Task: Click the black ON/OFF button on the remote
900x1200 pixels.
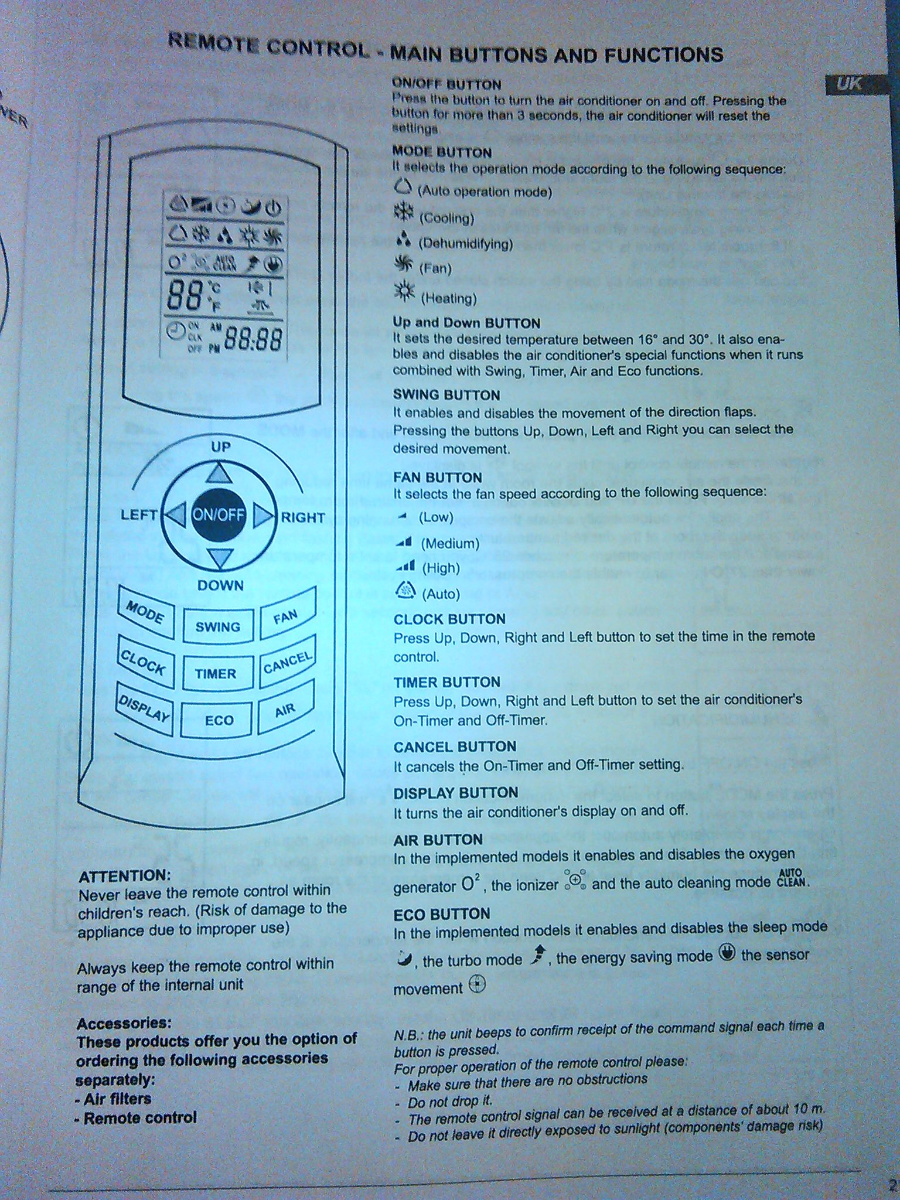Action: (219, 516)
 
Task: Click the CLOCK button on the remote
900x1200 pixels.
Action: (144, 663)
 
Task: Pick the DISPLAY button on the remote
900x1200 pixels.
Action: (144, 709)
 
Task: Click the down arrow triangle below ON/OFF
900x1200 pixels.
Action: (220, 558)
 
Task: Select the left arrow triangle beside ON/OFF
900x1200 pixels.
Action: (176, 515)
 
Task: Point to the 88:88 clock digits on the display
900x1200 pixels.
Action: (253, 339)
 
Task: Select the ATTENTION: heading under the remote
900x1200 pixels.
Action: (124, 876)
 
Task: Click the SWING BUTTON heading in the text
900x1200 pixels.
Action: (446, 395)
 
